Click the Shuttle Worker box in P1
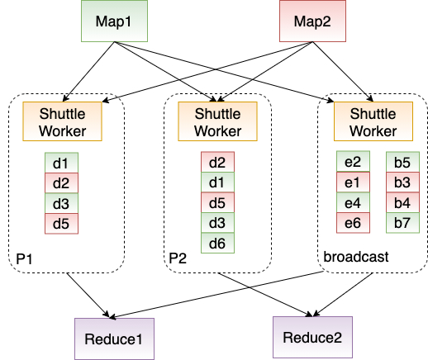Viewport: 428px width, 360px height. point(61,121)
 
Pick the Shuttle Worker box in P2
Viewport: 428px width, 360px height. point(216,121)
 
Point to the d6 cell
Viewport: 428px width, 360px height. point(217,243)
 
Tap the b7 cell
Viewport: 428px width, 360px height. point(402,222)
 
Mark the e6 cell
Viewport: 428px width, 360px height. point(353,222)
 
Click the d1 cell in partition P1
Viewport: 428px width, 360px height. point(60,163)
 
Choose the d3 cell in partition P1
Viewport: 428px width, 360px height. point(60,203)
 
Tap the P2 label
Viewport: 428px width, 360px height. point(178,259)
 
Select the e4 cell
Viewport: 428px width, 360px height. point(353,202)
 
